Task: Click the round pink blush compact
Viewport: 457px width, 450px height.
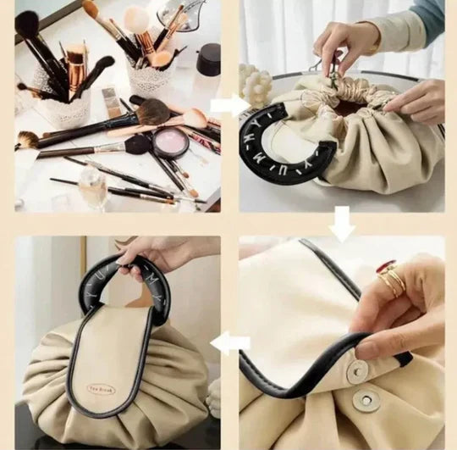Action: (170, 142)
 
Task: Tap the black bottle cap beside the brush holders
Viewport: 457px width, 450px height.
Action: (208, 60)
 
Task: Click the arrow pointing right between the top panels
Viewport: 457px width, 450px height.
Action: (226, 106)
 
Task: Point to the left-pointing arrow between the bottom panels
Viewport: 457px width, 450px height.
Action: (230, 343)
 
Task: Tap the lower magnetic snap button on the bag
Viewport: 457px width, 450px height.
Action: (366, 400)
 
